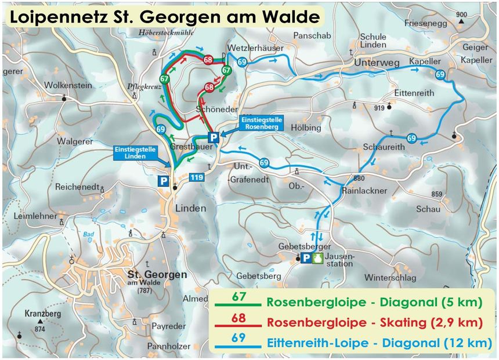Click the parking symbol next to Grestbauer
point(214,137)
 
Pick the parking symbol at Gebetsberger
point(306,259)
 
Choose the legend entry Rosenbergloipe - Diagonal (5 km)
point(374,302)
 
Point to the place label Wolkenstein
point(68,85)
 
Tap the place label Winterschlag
point(390,278)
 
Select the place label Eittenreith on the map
point(414,93)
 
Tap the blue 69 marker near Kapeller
point(440,74)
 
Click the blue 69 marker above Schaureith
point(411,138)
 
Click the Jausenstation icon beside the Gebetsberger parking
point(316,259)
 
